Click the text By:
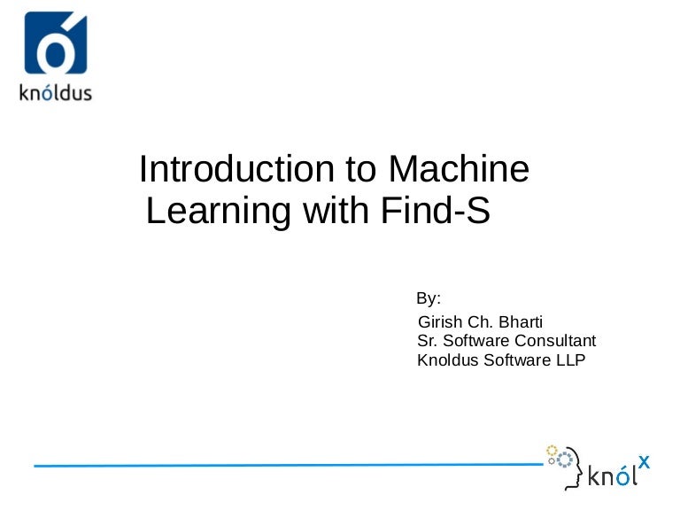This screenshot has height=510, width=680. [429, 297]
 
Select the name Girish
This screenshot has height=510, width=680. [440, 322]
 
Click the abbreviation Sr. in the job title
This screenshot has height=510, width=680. [427, 341]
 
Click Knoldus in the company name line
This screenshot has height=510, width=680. [448, 359]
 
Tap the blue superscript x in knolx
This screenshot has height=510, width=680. [644, 461]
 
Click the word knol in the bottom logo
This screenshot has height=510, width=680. [612, 475]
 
